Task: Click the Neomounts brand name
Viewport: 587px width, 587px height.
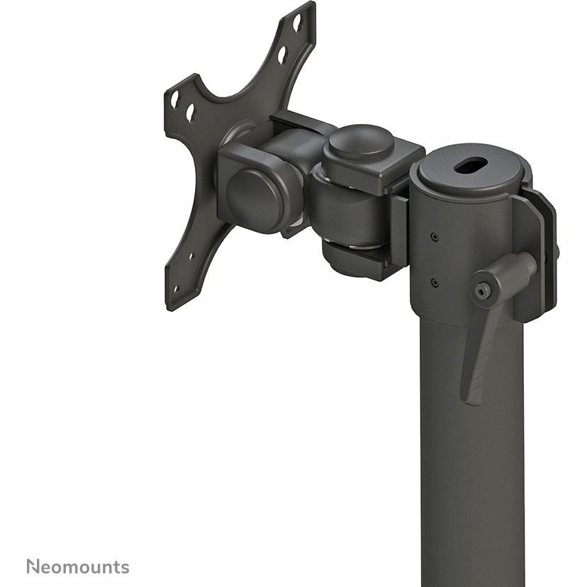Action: coord(78,566)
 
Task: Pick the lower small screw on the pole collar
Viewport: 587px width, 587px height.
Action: coord(434,282)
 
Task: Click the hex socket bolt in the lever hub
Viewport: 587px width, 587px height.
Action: coord(483,289)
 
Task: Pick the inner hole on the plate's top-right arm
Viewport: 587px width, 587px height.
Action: coord(282,53)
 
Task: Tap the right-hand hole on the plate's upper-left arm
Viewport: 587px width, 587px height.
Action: coord(190,112)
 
